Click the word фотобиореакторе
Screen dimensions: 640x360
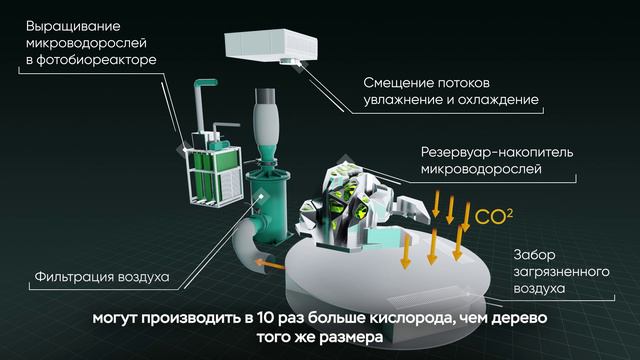tap(96, 60)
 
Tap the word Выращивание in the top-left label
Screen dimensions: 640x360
tap(73, 27)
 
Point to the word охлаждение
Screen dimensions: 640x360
tap(498, 100)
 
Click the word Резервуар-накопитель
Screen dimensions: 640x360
tap(497, 153)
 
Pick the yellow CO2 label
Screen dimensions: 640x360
tap(493, 217)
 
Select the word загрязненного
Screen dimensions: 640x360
tap(561, 272)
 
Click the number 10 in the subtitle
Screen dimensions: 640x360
tap(266, 318)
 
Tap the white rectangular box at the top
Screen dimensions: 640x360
tap(271, 46)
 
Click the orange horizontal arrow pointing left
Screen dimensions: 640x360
tap(270, 265)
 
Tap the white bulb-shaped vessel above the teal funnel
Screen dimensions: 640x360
tap(266, 122)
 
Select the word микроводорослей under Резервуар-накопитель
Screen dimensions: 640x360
tap(481, 169)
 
